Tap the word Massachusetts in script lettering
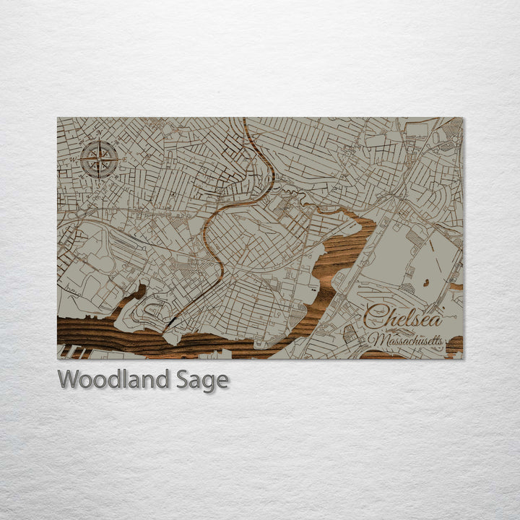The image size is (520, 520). pos(405,339)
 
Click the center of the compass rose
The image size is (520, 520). pos(100,159)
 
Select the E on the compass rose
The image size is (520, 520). pos(123,159)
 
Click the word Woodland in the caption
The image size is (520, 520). pos(113,379)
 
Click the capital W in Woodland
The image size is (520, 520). pos(69,379)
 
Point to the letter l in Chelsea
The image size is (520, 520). pos(407,316)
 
